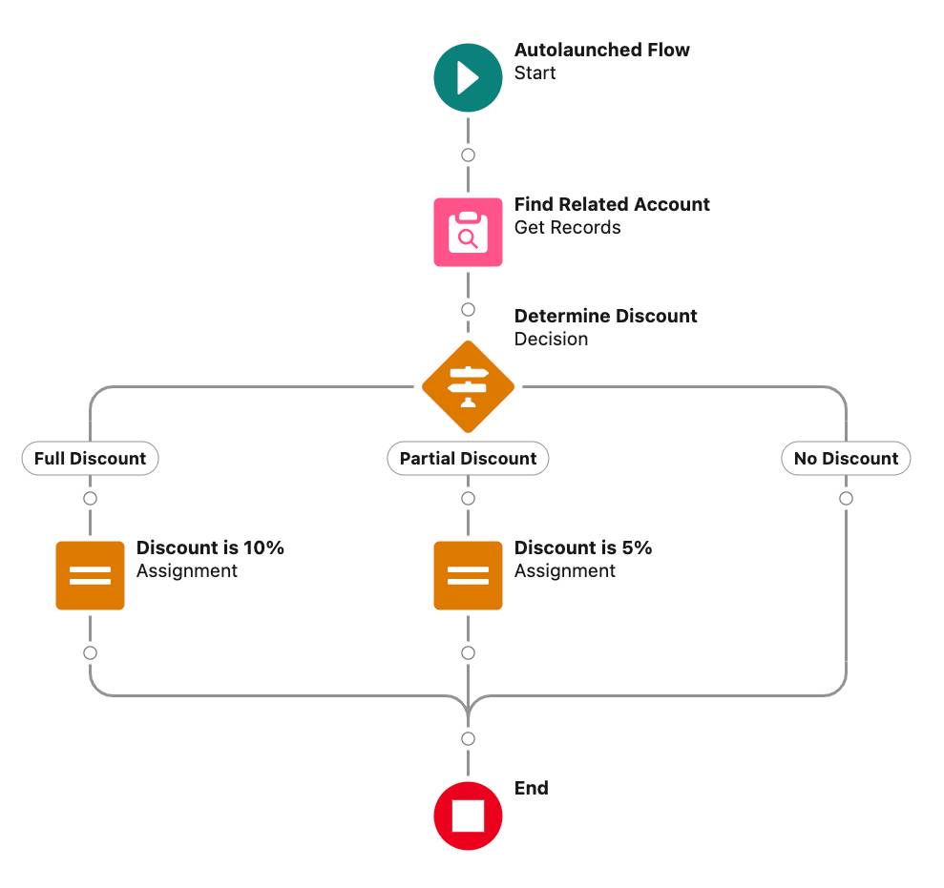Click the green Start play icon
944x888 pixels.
(468, 77)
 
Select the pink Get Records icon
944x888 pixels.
(468, 232)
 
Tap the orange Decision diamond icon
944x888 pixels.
(468, 387)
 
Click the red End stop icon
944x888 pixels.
(468, 815)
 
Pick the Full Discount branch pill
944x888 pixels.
(90, 458)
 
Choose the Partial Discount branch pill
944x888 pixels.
(468, 458)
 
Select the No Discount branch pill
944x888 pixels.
(846, 458)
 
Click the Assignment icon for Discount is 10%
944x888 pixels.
(90, 575)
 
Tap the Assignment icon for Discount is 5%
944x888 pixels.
(468, 575)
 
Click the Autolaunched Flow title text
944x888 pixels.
(601, 50)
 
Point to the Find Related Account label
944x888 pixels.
(612, 204)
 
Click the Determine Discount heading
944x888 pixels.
(605, 316)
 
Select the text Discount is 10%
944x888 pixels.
(210, 547)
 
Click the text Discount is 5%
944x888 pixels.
(583, 547)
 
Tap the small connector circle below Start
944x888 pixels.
(468, 155)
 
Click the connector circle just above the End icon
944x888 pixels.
(468, 738)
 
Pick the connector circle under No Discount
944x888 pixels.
(846, 498)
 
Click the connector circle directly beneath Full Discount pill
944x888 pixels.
(90, 498)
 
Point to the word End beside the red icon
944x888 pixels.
(531, 788)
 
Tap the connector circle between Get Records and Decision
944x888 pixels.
(468, 309)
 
